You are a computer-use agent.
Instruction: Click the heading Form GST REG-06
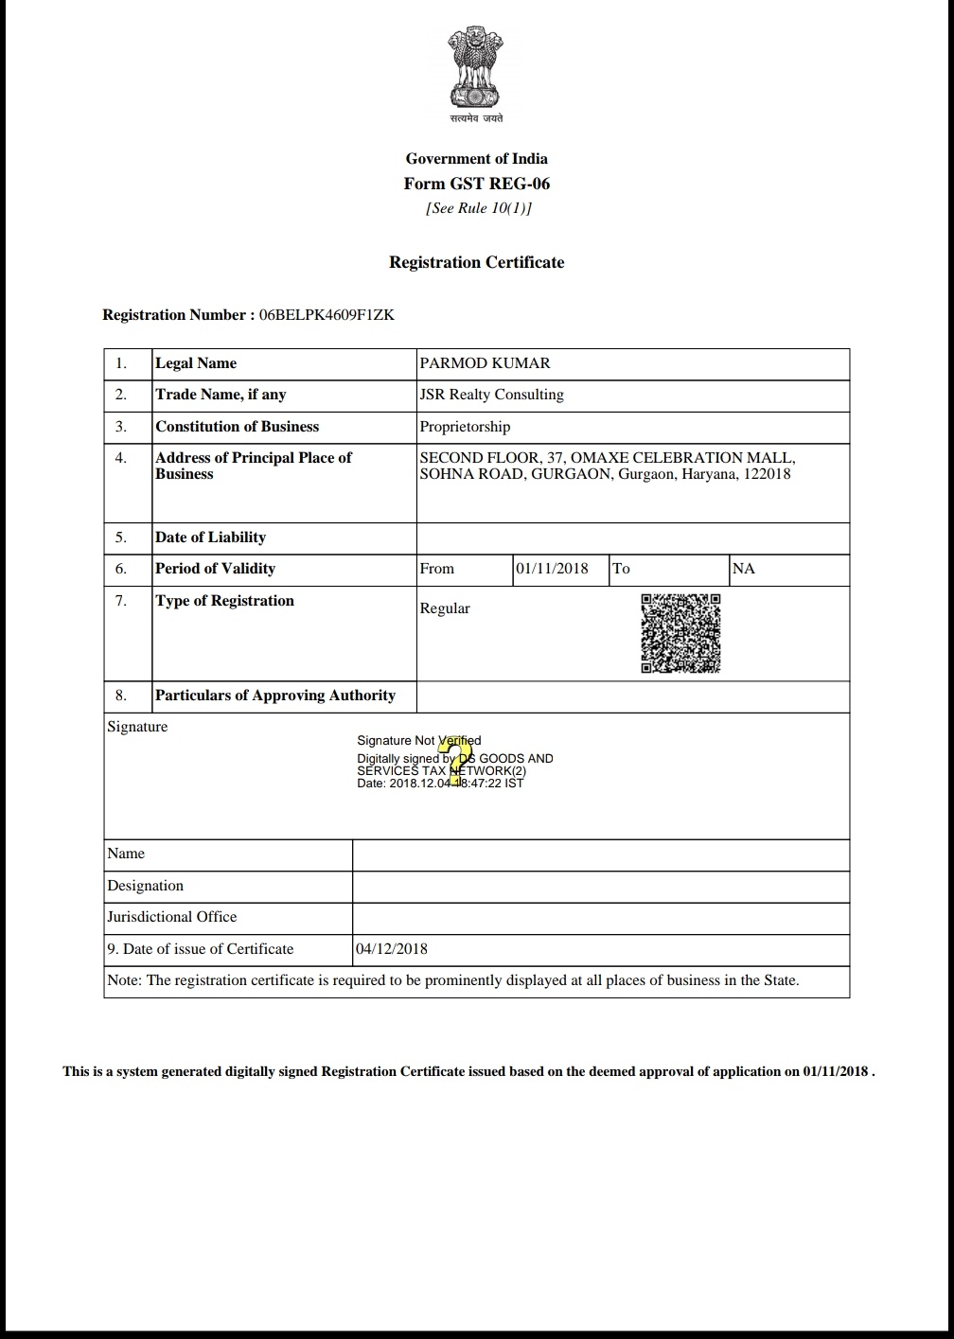tap(476, 184)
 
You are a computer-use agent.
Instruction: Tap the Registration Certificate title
tap(476, 262)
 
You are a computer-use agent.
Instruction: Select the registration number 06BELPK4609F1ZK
tap(326, 315)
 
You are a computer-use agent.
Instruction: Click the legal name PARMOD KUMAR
tap(485, 363)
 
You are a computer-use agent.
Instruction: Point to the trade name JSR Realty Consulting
tap(491, 395)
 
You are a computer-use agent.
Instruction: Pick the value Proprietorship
tap(465, 427)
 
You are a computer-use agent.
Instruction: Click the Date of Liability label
tap(210, 537)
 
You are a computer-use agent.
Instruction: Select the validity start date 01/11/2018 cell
tap(552, 569)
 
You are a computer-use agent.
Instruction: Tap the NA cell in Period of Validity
tap(744, 569)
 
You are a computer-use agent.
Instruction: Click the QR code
tap(680, 633)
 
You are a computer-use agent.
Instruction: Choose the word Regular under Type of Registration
tap(445, 608)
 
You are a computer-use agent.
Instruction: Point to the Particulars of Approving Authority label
tap(274, 696)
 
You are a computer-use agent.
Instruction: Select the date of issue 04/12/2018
tap(392, 949)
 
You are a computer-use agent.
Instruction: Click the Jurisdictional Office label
tap(172, 917)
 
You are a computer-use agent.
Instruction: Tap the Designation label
tap(145, 886)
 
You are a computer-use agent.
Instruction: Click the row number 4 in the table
tap(121, 458)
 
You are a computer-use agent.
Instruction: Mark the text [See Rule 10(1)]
tap(478, 208)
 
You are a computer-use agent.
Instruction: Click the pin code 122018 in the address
tap(766, 474)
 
